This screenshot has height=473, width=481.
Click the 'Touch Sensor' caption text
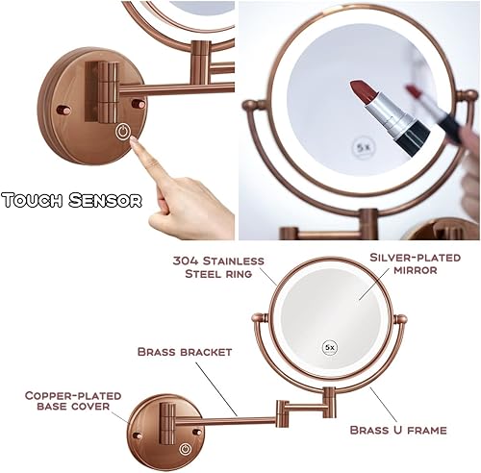[71, 201]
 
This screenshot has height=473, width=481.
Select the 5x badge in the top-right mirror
[365, 149]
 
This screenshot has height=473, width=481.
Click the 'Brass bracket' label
[186, 352]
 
